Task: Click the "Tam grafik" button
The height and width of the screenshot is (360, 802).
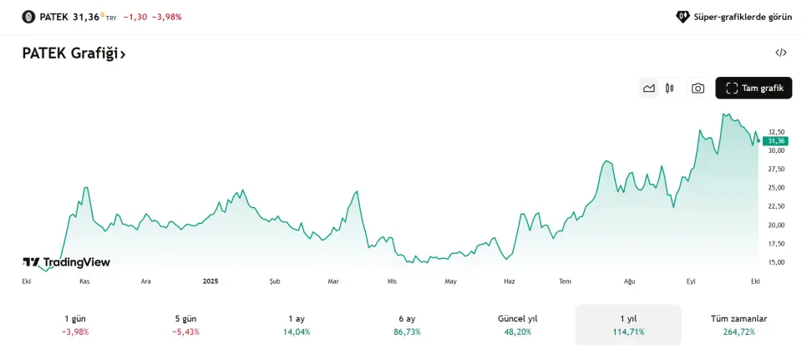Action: pos(754,88)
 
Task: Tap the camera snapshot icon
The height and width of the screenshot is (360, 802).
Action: pos(698,88)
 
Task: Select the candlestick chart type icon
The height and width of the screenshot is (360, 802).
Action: pos(669,88)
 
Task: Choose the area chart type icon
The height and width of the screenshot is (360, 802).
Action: pos(648,88)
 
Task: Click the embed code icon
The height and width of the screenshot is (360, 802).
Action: pos(781,53)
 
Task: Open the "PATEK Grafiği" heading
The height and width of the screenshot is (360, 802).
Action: pos(74,53)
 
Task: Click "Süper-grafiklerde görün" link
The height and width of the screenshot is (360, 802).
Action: pos(733,16)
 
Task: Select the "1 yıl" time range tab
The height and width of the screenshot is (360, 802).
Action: pos(628,325)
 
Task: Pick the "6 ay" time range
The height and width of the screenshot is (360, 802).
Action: pos(408,325)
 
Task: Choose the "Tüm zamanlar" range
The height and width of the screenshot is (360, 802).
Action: pos(739,325)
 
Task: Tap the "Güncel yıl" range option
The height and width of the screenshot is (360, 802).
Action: pos(518,325)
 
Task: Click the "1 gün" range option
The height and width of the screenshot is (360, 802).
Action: pos(75,325)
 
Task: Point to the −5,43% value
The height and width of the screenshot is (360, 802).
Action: pos(185,332)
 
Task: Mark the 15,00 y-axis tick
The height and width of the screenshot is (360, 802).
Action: pos(776,262)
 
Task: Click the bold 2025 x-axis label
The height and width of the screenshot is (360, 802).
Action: pos(211,281)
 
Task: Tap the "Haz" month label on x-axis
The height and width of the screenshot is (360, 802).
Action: pos(510,281)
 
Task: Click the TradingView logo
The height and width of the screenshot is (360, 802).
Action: pos(66,262)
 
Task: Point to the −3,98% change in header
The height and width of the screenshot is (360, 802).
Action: pos(167,17)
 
